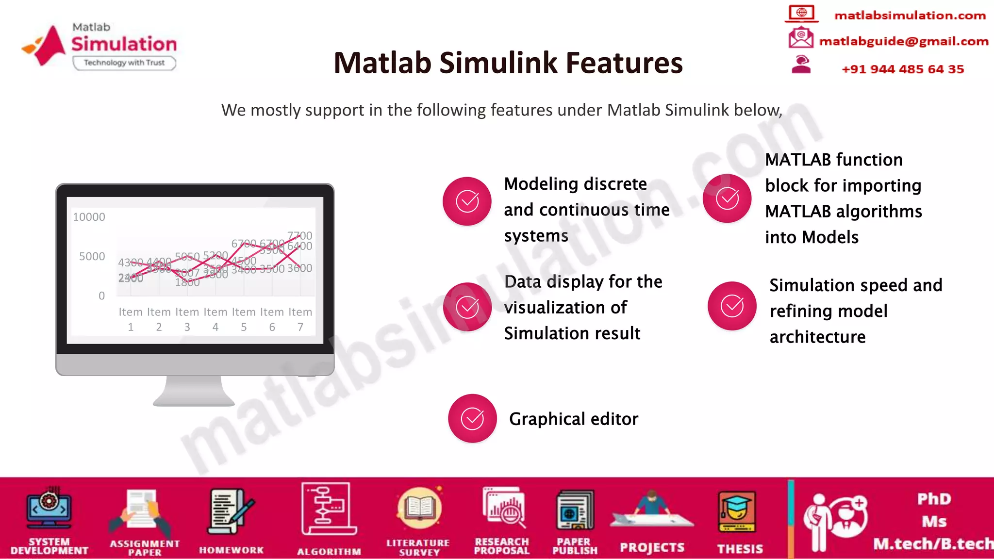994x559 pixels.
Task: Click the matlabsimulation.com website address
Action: point(910,16)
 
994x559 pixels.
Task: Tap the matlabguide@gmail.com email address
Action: point(903,41)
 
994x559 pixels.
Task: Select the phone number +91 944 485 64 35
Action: point(902,69)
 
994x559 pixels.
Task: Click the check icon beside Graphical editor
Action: point(472,418)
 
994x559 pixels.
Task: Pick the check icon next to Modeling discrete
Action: point(467,201)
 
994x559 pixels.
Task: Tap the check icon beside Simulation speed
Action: point(732,306)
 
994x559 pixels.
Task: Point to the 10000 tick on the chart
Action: point(89,217)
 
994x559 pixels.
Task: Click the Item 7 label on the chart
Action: point(300,319)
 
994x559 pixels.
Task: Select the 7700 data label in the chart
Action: point(299,236)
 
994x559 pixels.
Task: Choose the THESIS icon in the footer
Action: point(737,512)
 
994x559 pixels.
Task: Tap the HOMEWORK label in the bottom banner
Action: point(231,550)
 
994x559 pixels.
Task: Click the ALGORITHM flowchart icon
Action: point(329,509)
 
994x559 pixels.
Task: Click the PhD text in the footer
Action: point(934,499)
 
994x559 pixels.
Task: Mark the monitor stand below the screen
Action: point(194,391)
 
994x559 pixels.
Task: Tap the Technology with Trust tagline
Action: point(124,63)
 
